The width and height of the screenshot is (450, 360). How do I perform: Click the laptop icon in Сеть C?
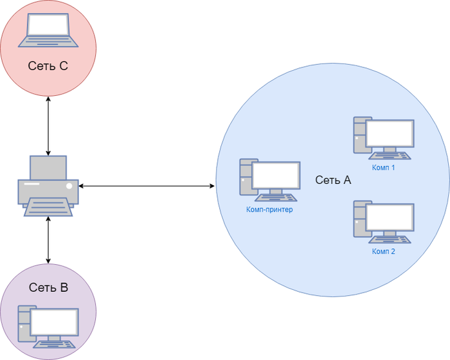(x=48, y=32)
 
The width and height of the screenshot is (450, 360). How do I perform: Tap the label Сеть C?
(x=48, y=66)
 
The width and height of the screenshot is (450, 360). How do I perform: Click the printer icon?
(x=48, y=186)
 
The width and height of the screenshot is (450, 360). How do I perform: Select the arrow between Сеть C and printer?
(x=48, y=125)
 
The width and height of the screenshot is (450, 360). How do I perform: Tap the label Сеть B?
(x=48, y=287)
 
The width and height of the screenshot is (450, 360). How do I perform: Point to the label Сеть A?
(x=333, y=181)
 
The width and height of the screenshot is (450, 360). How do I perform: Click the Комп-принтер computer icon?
(x=269, y=181)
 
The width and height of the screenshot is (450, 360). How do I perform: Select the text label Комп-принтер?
(x=269, y=210)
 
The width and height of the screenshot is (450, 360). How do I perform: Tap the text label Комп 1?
(x=383, y=167)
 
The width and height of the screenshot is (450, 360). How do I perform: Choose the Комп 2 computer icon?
(x=383, y=222)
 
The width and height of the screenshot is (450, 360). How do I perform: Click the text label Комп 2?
(x=383, y=251)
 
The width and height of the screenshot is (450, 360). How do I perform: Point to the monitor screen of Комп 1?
(x=390, y=133)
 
